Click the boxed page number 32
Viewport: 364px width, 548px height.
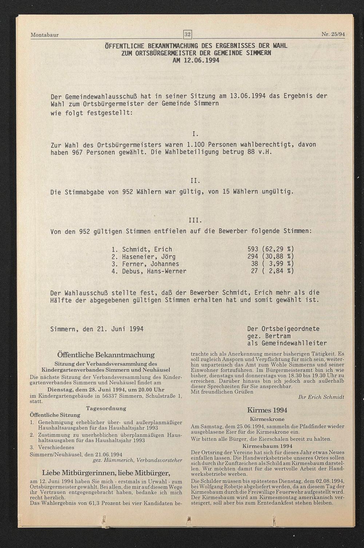click(x=187, y=35)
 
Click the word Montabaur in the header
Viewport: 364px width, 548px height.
click(x=44, y=35)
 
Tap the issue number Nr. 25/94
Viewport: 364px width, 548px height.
click(x=333, y=35)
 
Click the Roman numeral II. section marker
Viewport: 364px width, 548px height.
click(x=195, y=181)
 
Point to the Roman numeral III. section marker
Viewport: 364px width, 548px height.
click(x=195, y=220)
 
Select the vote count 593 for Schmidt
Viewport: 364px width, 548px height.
click(x=253, y=250)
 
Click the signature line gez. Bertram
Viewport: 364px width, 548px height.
click(x=269, y=336)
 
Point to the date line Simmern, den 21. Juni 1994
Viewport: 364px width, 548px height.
click(x=97, y=329)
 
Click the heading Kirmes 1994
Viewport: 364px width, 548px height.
click(x=267, y=410)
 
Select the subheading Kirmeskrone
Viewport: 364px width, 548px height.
click(x=267, y=419)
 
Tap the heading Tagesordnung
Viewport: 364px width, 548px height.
click(x=106, y=408)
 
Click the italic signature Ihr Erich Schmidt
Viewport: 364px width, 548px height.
click(x=321, y=397)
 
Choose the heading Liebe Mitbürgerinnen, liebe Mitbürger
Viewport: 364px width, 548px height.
click(x=106, y=473)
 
